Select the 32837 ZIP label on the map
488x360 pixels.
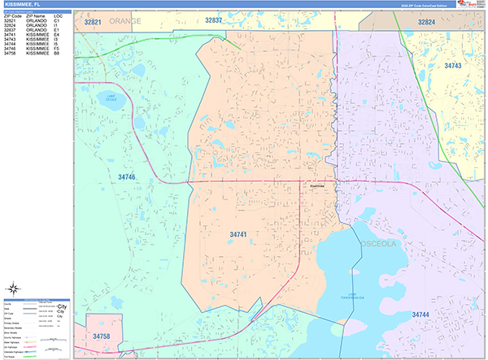pyautogui.click(x=214, y=20)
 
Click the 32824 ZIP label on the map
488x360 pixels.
pyautogui.click(x=426, y=22)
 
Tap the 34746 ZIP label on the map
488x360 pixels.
pyautogui.click(x=127, y=176)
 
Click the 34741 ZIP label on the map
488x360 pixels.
pyautogui.click(x=239, y=235)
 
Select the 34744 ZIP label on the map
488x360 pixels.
pyautogui.click(x=421, y=314)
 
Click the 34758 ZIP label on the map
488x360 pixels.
pyautogui.click(x=102, y=336)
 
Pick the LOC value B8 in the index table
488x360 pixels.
pyautogui.click(x=57, y=54)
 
